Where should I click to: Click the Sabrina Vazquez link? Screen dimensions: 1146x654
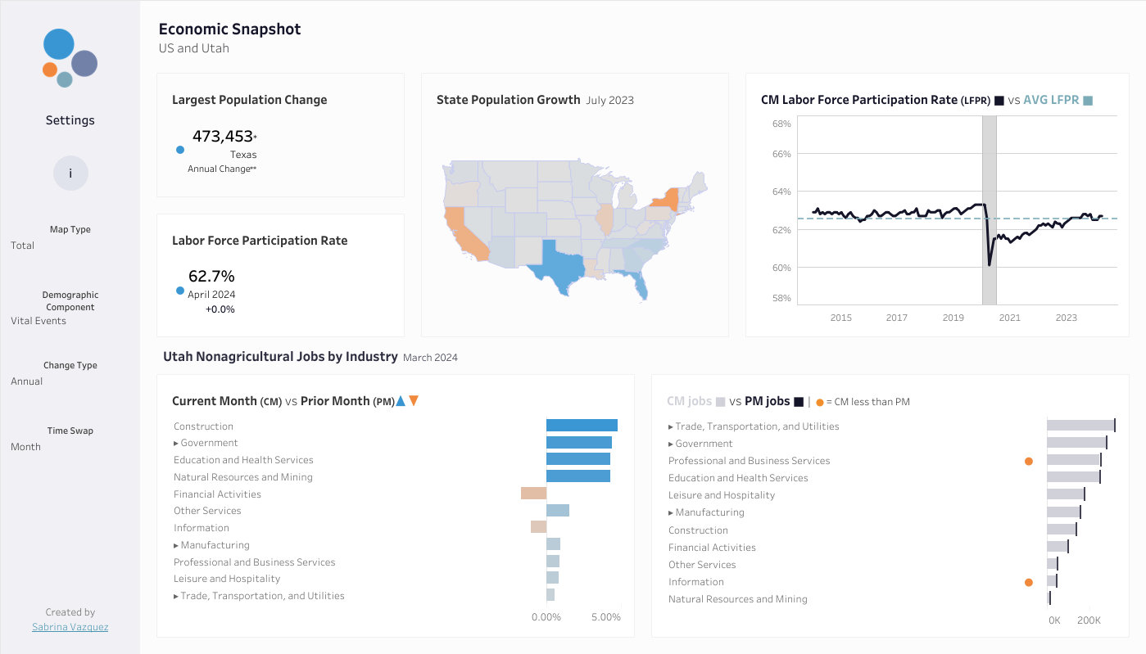pos(70,626)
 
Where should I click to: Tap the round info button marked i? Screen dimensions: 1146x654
pos(70,174)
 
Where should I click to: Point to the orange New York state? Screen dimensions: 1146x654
pos(667,199)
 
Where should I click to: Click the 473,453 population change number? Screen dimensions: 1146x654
pos(223,136)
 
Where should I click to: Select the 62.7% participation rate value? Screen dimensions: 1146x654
pos(211,276)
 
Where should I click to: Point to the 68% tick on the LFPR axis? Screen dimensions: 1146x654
pos(781,124)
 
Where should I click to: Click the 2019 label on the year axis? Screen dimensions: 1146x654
pos(953,318)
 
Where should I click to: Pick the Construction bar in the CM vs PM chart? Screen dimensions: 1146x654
pos(582,426)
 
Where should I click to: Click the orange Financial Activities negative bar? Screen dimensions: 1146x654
pos(533,494)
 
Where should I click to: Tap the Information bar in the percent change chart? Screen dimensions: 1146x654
pos(538,526)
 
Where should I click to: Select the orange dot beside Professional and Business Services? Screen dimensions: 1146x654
pos(1029,461)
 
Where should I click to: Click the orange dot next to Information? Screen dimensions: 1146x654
pos(1029,583)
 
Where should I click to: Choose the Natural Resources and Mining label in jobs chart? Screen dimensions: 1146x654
pos(738,599)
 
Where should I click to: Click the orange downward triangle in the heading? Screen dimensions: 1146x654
pos(414,401)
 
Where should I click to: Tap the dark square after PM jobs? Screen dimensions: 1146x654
pos(799,402)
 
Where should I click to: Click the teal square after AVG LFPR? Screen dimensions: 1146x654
pos(1088,101)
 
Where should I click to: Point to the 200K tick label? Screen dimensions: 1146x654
pos(1089,620)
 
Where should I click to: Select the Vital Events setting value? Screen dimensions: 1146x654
pos(39,321)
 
